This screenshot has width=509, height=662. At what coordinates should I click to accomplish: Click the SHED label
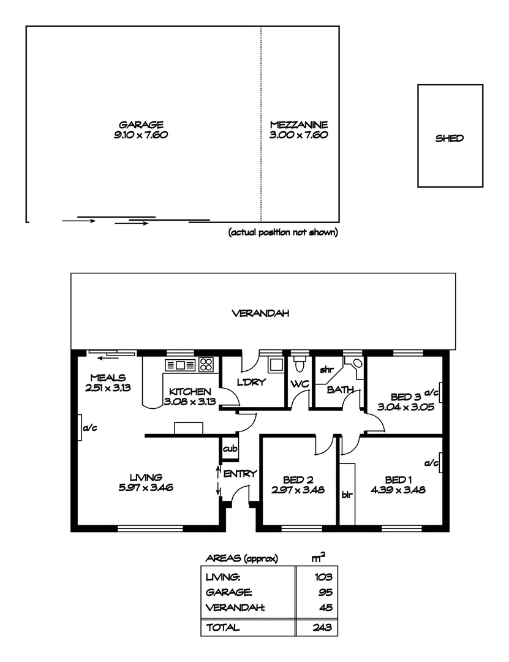tap(449, 139)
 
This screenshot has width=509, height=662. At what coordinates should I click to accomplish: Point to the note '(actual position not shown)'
tap(283, 233)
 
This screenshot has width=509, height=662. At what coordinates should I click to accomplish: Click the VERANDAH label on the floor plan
tap(260, 313)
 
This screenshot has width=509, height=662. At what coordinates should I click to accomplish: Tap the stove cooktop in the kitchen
tap(206, 365)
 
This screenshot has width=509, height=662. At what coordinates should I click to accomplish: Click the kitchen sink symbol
tap(181, 366)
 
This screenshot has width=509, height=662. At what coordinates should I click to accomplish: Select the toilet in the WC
tap(300, 365)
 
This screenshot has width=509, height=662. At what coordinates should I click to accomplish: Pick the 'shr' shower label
tap(326, 370)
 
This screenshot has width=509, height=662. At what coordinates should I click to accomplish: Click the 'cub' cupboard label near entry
tap(230, 449)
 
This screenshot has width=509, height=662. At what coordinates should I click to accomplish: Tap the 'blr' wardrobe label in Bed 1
tap(347, 495)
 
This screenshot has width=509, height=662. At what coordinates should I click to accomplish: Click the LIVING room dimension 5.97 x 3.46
tap(145, 487)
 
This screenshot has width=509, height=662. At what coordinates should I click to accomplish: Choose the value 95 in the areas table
tap(325, 592)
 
